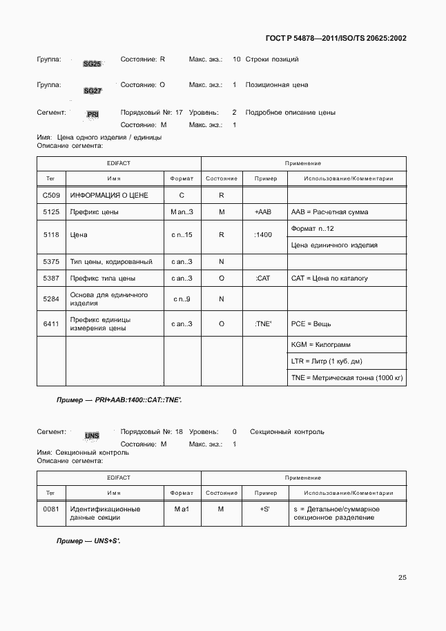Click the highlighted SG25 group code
point(92,64)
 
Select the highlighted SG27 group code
point(93,91)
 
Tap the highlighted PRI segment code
point(93,115)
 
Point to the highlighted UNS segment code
point(92,435)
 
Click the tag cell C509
point(50,196)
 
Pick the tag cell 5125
point(50,212)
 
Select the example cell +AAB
point(262,212)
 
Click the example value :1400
point(263,235)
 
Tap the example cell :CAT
point(262,279)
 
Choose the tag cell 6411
point(50,324)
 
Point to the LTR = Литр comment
point(327,361)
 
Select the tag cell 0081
point(50,509)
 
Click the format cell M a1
point(182,509)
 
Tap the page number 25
point(402,578)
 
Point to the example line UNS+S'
point(88,541)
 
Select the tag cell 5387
point(50,279)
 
